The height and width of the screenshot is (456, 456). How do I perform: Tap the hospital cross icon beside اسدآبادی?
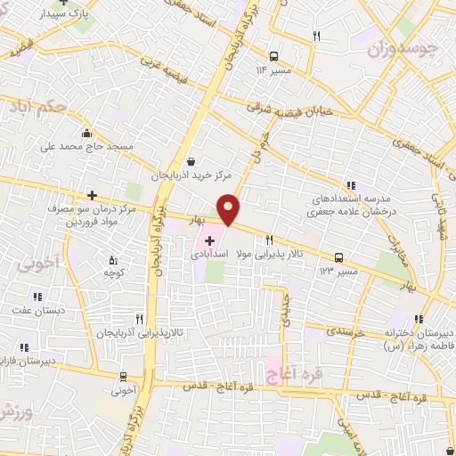point(210,240)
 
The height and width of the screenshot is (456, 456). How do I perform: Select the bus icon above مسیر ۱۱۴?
point(273,54)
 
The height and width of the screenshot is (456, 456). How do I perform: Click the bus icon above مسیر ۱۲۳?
point(338,258)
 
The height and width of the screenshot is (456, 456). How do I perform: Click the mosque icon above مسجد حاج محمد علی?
point(86,134)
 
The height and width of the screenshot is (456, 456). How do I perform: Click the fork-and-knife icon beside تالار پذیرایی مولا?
point(268,240)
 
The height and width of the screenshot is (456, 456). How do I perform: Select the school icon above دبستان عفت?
point(38,297)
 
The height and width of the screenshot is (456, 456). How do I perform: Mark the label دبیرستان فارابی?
point(27,361)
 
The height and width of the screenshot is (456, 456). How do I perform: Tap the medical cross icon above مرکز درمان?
point(92,195)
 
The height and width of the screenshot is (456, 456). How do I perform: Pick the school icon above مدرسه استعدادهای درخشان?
point(350,184)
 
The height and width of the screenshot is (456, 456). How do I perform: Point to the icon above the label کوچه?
point(112,259)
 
